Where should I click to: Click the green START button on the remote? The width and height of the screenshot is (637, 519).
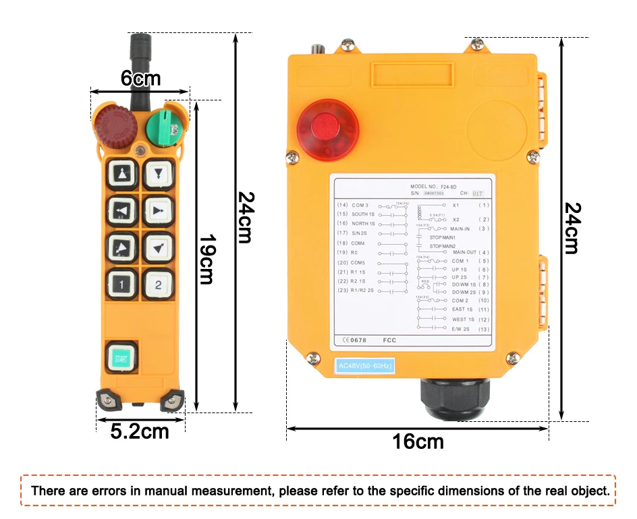click(x=121, y=358)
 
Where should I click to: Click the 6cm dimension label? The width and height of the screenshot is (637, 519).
click(x=140, y=79)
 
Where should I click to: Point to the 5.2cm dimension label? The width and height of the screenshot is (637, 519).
click(x=140, y=431)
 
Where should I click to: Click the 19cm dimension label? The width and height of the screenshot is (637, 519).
click(x=206, y=259)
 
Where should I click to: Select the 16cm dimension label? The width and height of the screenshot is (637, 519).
click(x=418, y=442)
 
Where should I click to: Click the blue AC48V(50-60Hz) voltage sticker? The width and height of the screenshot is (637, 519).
click(x=364, y=366)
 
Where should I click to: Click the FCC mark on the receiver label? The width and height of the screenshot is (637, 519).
click(x=389, y=340)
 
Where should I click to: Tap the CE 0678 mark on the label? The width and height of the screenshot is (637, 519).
click(x=354, y=340)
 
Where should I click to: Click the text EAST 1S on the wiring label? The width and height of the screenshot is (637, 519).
click(x=463, y=309)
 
